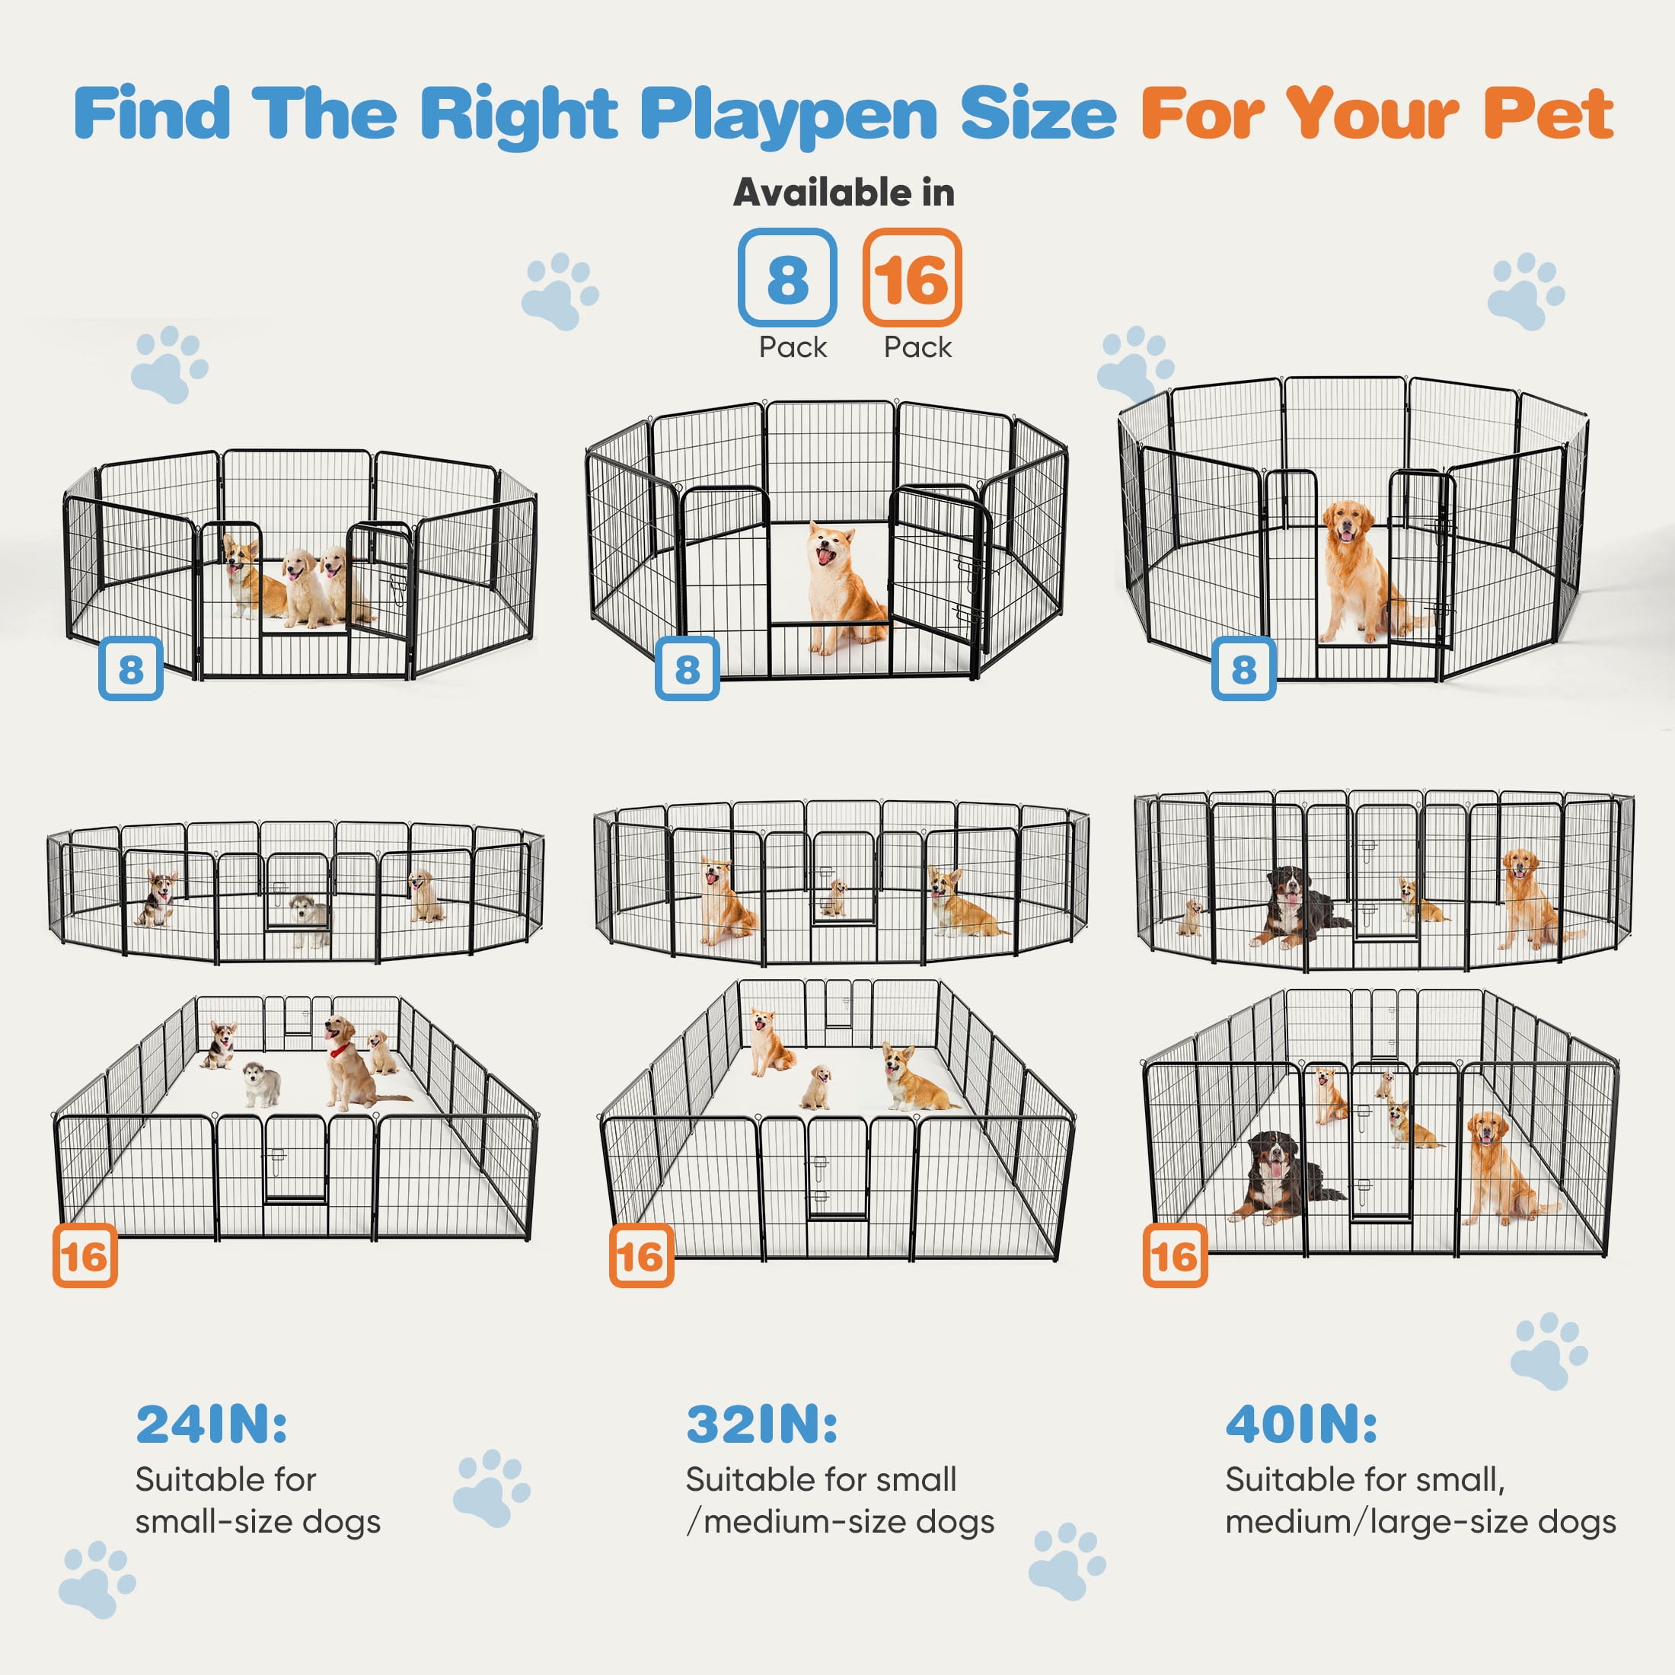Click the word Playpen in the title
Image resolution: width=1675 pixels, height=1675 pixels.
[x=788, y=114]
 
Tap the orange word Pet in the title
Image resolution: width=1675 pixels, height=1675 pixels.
[x=1548, y=114]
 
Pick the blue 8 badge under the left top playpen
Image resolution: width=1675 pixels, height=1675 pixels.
[x=131, y=668]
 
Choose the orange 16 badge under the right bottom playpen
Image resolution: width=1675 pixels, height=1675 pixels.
[x=1175, y=1255]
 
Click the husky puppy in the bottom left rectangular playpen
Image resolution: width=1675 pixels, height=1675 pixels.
[x=261, y=1083]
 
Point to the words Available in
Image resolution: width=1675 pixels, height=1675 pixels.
[x=843, y=193]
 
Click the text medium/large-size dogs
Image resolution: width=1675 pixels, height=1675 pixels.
[x=1420, y=1523]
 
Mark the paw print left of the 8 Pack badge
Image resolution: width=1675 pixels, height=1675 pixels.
[x=559, y=290]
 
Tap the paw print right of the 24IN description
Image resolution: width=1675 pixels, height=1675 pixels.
[x=491, y=1488]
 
